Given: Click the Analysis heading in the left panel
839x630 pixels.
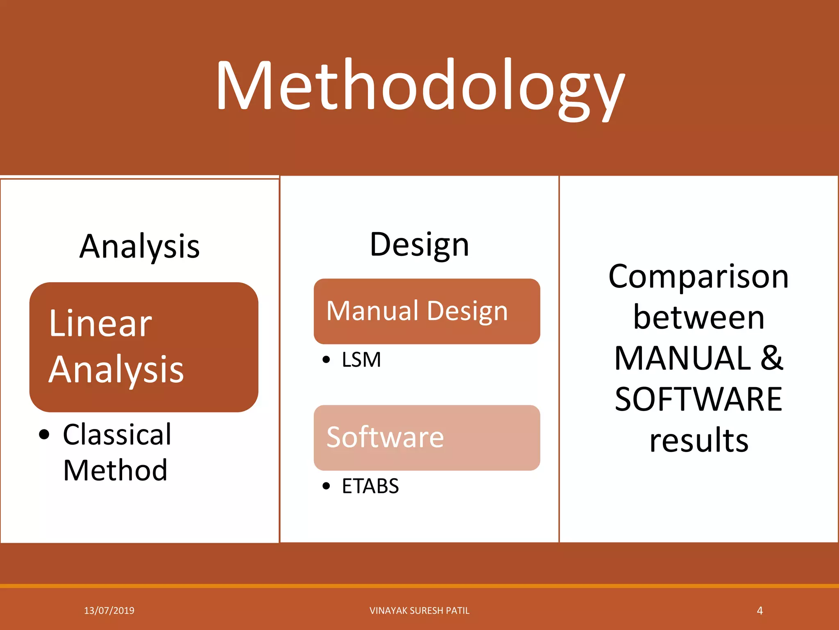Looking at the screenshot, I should [139, 247].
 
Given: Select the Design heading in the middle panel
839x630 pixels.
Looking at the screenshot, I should [419, 245].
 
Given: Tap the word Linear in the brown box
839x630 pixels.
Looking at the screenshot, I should [100, 324].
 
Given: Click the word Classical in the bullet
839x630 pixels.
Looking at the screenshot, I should [117, 434].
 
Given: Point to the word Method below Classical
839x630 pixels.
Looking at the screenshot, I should [115, 470].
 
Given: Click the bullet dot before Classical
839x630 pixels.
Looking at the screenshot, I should [44, 435].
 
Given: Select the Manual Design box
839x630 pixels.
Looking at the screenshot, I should [426, 311].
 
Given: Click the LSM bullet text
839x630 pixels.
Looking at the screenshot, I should [361, 360].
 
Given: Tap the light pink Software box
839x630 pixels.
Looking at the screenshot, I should [426, 437].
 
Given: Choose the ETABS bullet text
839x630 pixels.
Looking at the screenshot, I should [370, 486].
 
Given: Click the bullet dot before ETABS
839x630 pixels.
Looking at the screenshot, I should [326, 486].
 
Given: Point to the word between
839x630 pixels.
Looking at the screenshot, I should [698, 318].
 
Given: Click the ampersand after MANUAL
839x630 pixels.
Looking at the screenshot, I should [772, 358].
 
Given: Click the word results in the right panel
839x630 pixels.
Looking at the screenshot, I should [698, 440].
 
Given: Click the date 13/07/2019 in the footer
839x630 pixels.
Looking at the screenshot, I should [109, 611].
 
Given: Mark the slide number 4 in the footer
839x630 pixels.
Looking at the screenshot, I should [760, 611].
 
